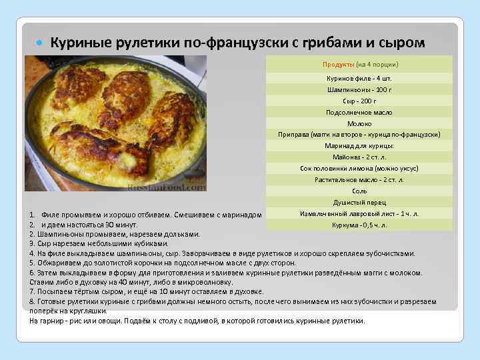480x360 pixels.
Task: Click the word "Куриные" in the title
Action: [x=78, y=43]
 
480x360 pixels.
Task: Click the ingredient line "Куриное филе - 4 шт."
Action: [x=359, y=79]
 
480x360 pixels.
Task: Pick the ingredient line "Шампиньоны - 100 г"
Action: [x=359, y=89]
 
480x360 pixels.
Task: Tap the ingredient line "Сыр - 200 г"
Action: [x=359, y=101]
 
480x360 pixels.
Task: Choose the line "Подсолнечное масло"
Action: [x=359, y=112]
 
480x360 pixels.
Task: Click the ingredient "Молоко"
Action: [x=359, y=123]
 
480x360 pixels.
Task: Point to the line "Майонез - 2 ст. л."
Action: [x=359, y=157]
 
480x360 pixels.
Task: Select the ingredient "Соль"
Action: [x=359, y=191]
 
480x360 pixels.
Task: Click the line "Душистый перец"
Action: [x=359, y=203]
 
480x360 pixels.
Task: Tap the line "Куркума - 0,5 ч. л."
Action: [x=359, y=225]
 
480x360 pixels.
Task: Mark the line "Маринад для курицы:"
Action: [x=359, y=146]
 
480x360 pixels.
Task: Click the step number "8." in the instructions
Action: [x=33, y=301]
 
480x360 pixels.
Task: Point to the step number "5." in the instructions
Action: [x=33, y=263]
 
